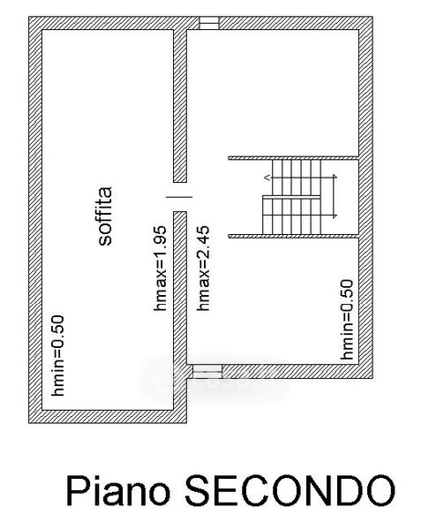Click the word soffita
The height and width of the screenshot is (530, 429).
(x=105, y=216)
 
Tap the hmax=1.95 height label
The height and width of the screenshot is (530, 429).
(x=160, y=269)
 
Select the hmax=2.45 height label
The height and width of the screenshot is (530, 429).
(x=203, y=269)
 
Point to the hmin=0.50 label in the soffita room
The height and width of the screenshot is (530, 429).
(x=57, y=356)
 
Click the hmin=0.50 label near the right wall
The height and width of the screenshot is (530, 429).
(x=347, y=320)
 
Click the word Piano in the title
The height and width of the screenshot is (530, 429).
(x=118, y=492)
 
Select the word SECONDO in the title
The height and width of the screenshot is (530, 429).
(x=290, y=490)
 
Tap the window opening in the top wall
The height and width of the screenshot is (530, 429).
(x=208, y=23)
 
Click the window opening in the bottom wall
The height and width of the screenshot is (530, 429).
(x=207, y=372)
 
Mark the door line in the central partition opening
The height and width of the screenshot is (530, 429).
(x=179, y=197)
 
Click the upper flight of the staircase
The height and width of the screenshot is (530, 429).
(x=297, y=178)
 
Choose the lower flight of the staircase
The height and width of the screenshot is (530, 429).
(x=291, y=215)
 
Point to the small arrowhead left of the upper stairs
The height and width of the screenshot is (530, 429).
(x=267, y=177)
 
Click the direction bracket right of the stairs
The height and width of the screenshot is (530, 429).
(x=335, y=196)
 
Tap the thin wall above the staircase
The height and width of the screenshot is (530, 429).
(x=293, y=158)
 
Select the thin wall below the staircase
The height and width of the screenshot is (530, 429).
(x=293, y=236)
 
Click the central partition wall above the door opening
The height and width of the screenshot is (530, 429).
(x=180, y=106)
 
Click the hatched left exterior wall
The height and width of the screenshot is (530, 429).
(x=35, y=220)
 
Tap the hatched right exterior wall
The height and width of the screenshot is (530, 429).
(x=365, y=197)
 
